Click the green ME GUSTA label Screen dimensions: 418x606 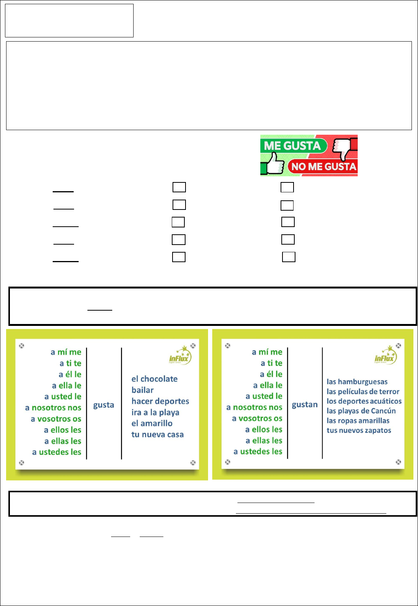(x=293, y=146)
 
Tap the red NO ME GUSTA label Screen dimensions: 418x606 (x=323, y=166)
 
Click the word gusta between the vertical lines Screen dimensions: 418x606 (x=103, y=405)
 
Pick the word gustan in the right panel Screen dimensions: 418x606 (x=305, y=405)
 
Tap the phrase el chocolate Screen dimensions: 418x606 (x=155, y=379)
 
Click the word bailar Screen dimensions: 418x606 (x=143, y=390)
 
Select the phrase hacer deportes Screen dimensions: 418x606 (x=160, y=401)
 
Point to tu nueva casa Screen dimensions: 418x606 (x=157, y=435)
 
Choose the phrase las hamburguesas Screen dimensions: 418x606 (x=357, y=382)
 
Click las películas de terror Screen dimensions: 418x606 (x=363, y=392)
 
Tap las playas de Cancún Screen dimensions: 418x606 (x=361, y=411)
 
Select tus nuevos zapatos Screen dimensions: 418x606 (x=359, y=430)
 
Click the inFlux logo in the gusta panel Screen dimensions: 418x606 (x=180, y=355)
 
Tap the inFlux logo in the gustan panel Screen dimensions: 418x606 (x=386, y=355)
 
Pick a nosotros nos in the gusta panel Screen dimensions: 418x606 (x=53, y=408)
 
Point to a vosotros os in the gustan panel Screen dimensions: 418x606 (x=257, y=419)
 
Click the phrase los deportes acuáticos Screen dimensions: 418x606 (x=364, y=401)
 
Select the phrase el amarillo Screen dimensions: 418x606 (x=152, y=423)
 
